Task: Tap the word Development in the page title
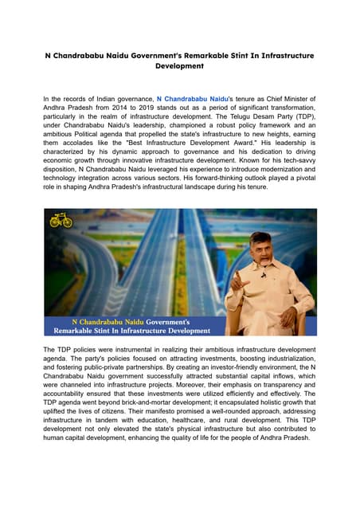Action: click(x=179, y=67)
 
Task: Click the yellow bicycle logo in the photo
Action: click(x=61, y=220)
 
